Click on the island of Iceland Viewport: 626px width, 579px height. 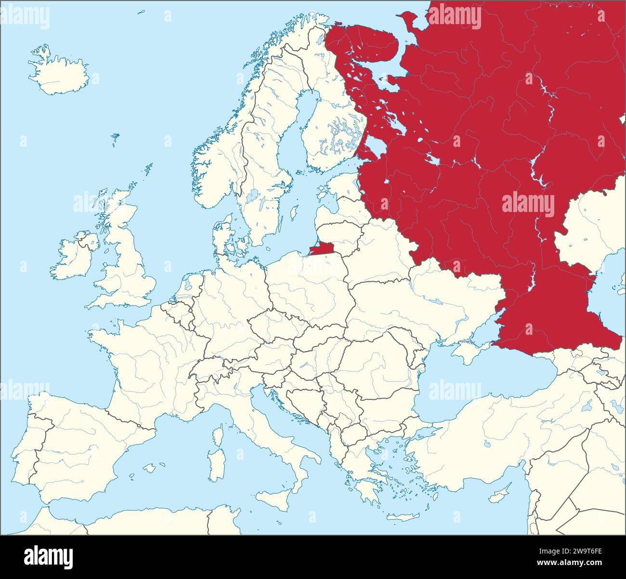point(58,72)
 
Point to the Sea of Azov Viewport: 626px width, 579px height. point(484,332)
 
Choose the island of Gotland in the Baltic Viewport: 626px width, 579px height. point(293,212)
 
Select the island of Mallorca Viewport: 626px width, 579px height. point(150,467)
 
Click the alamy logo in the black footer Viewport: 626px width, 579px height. point(48,557)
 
